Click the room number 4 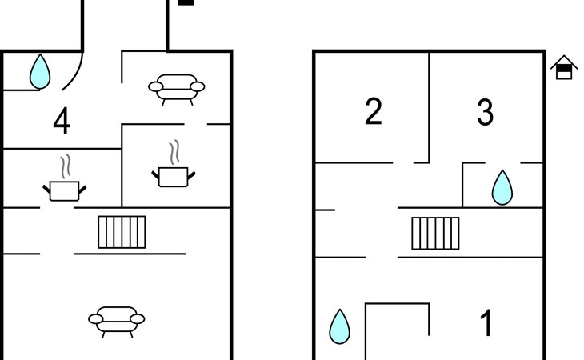(x=62, y=121)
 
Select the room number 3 (x=486, y=112)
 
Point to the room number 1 (x=486, y=322)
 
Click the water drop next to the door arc (x=40, y=71)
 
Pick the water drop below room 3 (x=502, y=187)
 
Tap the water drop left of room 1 (x=340, y=326)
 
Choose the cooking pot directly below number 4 (x=65, y=190)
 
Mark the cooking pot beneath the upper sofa (x=173, y=177)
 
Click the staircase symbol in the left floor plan (x=122, y=232)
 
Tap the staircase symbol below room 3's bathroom (x=435, y=233)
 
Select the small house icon (x=564, y=67)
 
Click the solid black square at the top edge (x=186, y=2)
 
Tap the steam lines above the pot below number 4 (x=66, y=166)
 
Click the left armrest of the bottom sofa (x=96, y=319)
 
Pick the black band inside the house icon (x=564, y=69)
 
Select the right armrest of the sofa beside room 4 (x=198, y=86)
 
